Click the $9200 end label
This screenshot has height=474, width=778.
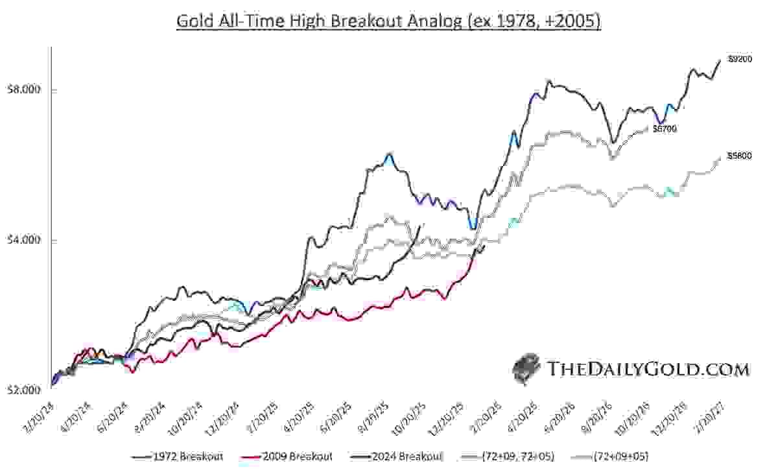tap(739, 59)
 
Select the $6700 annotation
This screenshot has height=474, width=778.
tap(665, 129)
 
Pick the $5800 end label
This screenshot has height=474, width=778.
tap(739, 156)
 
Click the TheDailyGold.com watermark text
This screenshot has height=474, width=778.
tap(648, 370)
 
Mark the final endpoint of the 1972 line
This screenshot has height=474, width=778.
tap(720, 60)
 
